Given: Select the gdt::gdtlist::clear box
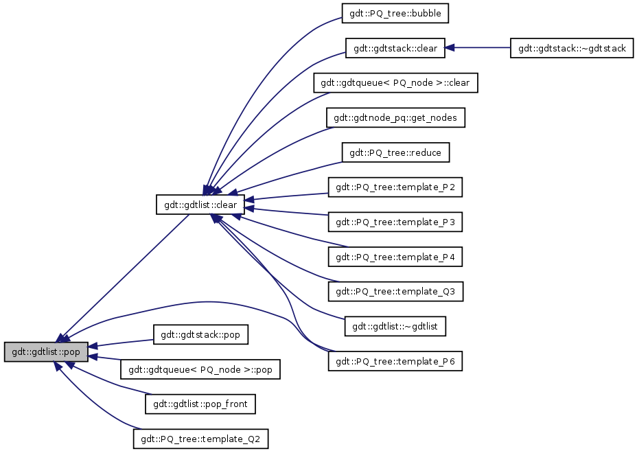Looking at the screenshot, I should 200,205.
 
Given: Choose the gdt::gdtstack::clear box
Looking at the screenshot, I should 395,48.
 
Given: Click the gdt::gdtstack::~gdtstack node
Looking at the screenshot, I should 572,48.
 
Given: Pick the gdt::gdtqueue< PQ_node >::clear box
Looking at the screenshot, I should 395,83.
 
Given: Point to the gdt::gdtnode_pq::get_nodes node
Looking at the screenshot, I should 395,118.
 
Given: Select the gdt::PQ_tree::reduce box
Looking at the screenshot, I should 395,152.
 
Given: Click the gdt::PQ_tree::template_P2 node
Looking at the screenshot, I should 395,187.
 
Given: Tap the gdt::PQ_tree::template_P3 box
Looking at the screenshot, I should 395,222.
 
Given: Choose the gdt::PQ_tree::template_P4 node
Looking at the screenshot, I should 395,257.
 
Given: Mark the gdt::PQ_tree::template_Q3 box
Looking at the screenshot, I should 395,292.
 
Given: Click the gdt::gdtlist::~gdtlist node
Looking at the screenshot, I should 395,327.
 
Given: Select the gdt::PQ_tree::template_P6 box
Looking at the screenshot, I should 395,362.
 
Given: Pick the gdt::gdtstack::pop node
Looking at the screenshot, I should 200,335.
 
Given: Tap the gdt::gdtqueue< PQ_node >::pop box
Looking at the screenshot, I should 200,370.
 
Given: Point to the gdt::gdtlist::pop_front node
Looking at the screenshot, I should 200,405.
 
